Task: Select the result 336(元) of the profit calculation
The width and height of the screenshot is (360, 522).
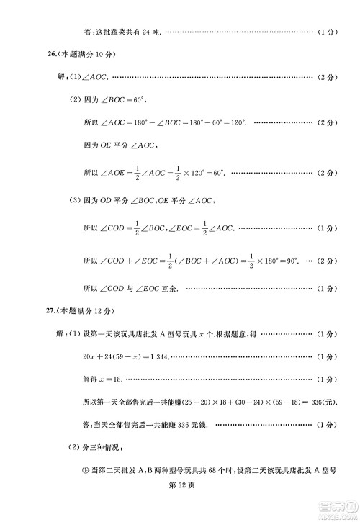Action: [321, 400]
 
